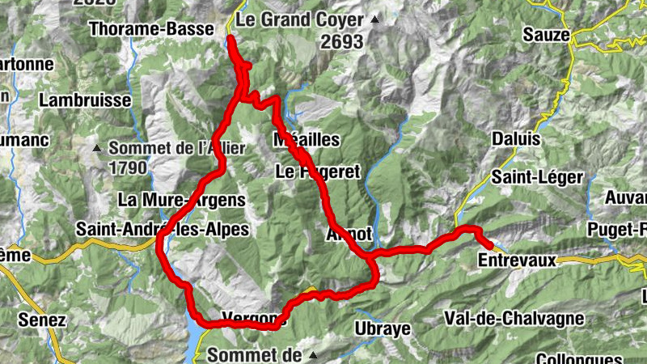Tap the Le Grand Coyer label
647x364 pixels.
tap(301, 19)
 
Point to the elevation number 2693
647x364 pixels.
tap(341, 44)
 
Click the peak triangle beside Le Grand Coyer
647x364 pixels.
tap(374, 19)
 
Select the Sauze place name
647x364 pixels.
tap(547, 35)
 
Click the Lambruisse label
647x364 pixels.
tap(84, 101)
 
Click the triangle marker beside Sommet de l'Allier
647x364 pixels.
tap(97, 148)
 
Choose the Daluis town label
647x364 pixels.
tap(515, 139)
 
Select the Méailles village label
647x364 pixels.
tap(307, 141)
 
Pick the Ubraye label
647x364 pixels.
tap(383, 328)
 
